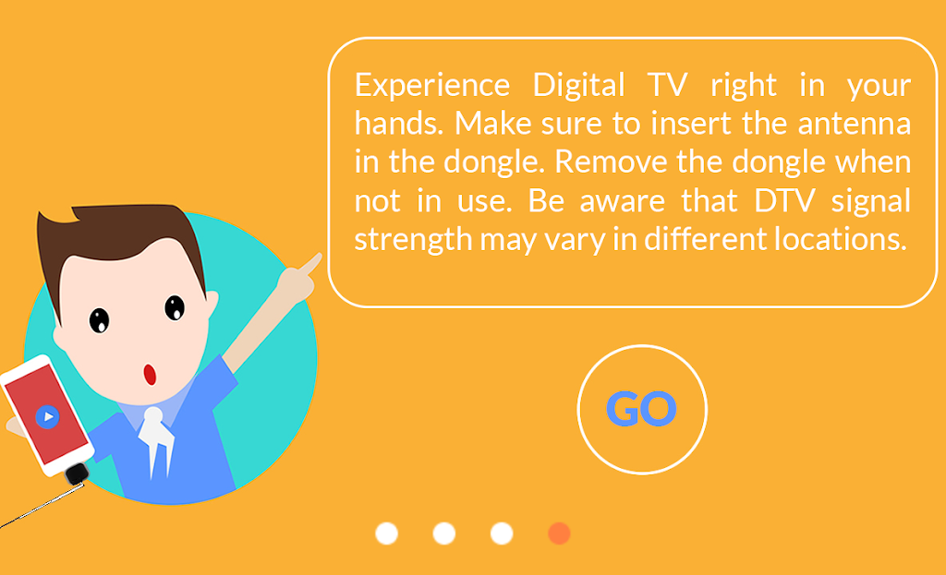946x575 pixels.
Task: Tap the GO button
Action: (x=642, y=409)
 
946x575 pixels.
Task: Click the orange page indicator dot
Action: (x=559, y=533)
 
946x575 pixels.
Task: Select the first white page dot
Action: (x=387, y=533)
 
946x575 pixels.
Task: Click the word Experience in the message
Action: (x=432, y=86)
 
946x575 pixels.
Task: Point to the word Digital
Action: (x=578, y=85)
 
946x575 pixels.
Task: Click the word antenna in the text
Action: (x=854, y=124)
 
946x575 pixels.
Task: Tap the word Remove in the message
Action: (x=610, y=162)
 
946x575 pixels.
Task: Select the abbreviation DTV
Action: (x=782, y=200)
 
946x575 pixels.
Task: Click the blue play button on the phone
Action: (x=47, y=416)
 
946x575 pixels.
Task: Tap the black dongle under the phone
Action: (x=77, y=474)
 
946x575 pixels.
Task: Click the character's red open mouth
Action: (x=150, y=375)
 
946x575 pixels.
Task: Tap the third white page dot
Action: (x=502, y=533)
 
